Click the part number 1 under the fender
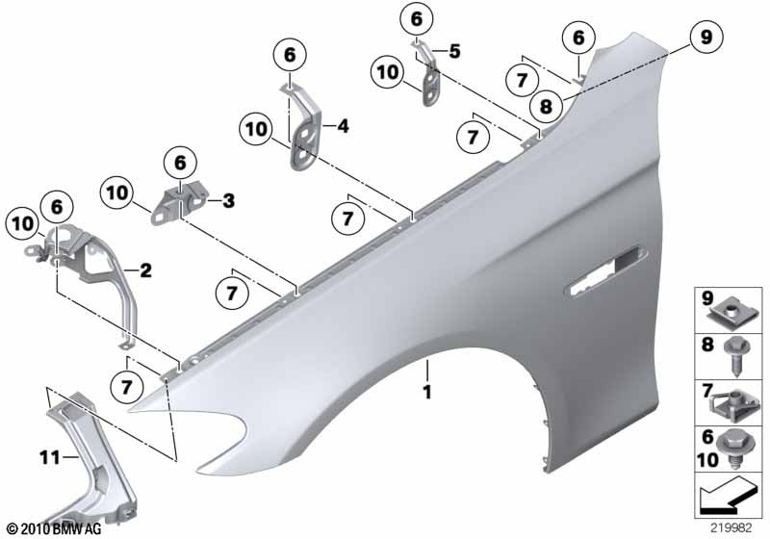pos(426,393)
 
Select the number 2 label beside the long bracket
pos(145,271)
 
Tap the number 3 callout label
pos(228,201)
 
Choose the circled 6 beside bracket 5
pos(416,18)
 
